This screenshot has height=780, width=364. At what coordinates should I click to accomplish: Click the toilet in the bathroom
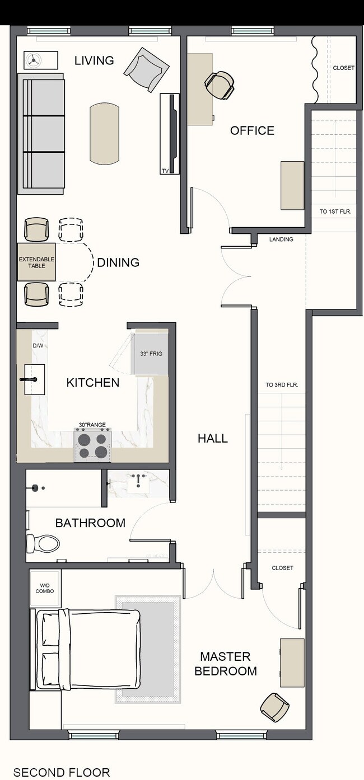click(43, 543)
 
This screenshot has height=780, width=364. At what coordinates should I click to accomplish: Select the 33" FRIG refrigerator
click(151, 354)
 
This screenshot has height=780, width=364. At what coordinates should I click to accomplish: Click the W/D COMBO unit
click(45, 588)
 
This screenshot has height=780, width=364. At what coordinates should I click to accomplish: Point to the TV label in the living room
click(165, 171)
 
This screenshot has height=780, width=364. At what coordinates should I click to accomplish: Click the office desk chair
click(220, 84)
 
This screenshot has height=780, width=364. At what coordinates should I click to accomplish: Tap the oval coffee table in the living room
click(105, 134)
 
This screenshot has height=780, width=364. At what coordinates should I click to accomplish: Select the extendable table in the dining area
click(36, 262)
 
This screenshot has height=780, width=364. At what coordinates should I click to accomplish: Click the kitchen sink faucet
click(29, 379)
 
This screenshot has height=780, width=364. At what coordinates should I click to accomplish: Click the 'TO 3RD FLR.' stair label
click(282, 385)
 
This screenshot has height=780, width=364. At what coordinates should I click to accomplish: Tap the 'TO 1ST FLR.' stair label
click(335, 212)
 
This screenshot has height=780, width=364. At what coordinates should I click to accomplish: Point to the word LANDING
click(281, 239)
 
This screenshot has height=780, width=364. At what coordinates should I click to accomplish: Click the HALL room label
click(213, 438)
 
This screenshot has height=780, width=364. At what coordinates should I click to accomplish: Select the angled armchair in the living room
click(147, 69)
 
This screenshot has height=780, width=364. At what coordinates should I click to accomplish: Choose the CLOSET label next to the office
click(343, 68)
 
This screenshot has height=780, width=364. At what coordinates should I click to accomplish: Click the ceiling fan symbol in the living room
click(34, 60)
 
